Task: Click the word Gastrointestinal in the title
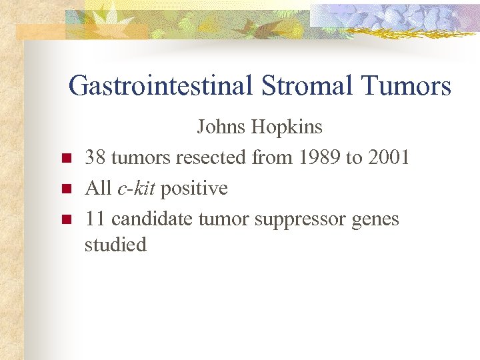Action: tap(160, 87)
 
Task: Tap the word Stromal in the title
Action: tap(305, 87)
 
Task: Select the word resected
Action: tap(211, 158)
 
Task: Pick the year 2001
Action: tap(388, 158)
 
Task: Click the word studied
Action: tap(115, 245)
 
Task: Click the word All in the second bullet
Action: tap(98, 189)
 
